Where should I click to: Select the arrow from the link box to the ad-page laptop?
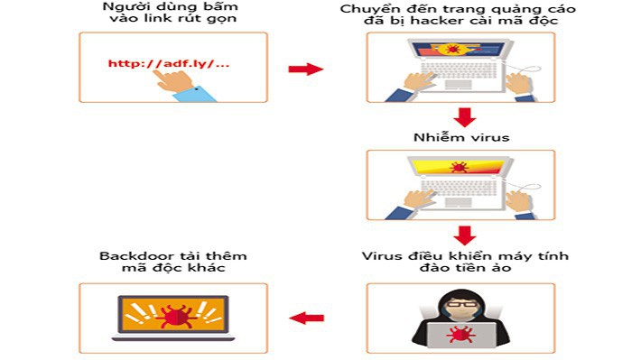point(305,69)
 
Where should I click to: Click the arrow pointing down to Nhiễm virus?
point(465,117)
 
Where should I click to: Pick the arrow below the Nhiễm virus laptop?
point(465,235)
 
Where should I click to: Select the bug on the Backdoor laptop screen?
point(172,314)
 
